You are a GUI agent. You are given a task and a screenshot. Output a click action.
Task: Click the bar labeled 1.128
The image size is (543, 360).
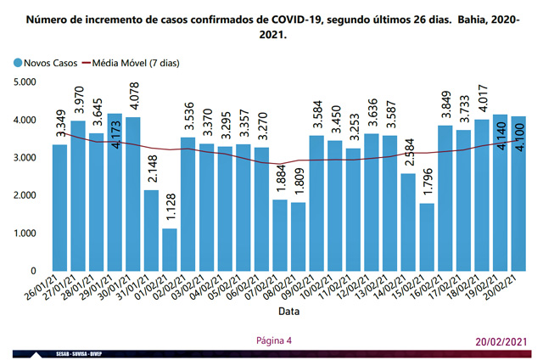171,250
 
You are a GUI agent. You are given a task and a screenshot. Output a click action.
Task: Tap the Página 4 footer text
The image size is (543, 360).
273,340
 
